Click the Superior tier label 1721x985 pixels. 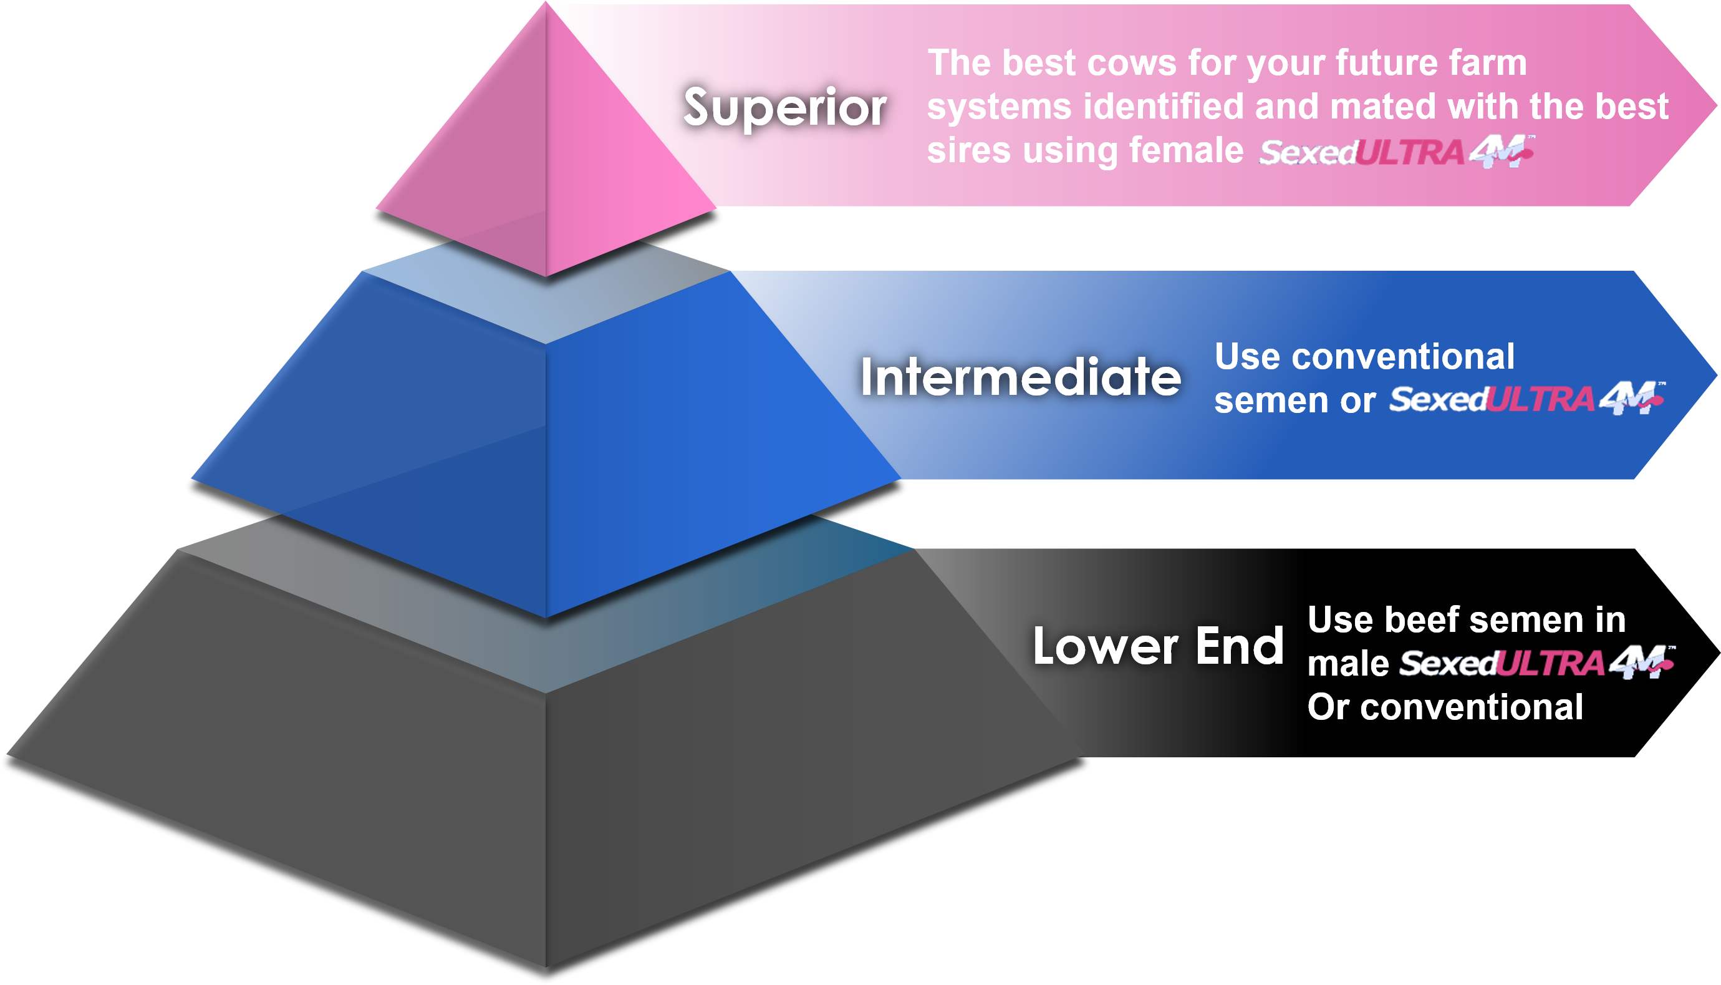click(784, 107)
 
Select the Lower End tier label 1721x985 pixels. click(1158, 646)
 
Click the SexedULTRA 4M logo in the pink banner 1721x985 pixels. click(1396, 152)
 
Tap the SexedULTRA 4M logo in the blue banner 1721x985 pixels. click(1526, 399)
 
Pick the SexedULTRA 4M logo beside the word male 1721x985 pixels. click(1536, 662)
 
